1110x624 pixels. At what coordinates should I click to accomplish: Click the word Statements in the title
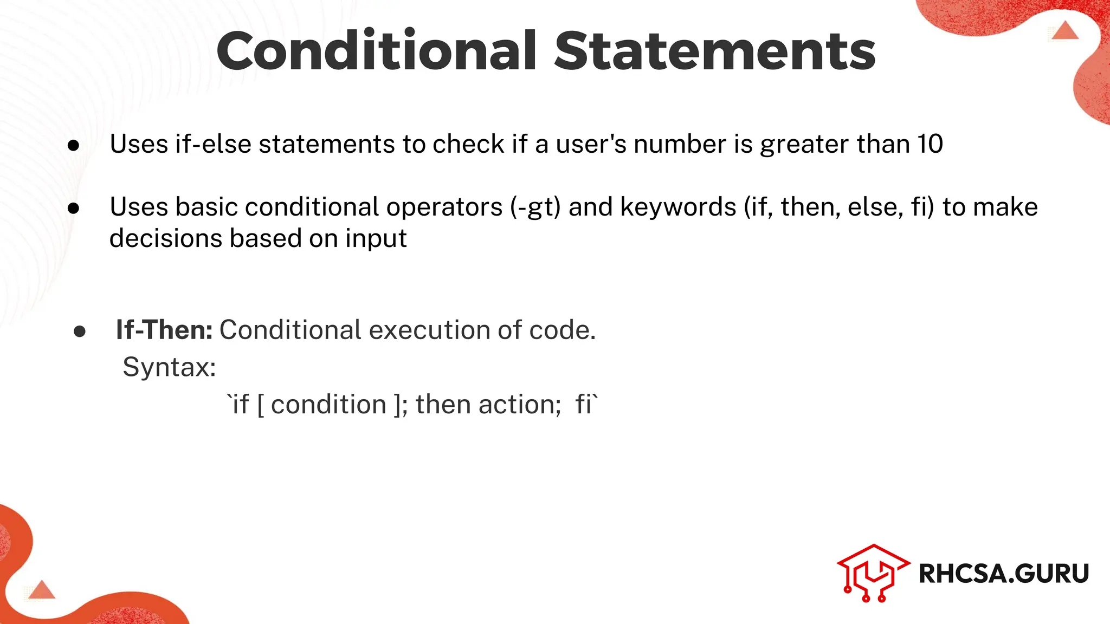[x=714, y=51]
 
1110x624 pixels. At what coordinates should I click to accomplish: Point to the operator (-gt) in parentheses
[x=535, y=207]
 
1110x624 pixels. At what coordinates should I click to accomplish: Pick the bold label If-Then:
[x=164, y=330]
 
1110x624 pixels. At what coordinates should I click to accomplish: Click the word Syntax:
[x=169, y=367]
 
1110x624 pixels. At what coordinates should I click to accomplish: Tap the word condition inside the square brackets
[x=328, y=405]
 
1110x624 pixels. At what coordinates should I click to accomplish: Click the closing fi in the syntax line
[x=584, y=405]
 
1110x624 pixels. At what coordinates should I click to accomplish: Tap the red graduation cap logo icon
[x=873, y=573]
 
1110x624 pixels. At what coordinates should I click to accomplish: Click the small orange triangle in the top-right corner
[x=1065, y=31]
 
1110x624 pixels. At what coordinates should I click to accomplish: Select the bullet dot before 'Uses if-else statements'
[x=74, y=145]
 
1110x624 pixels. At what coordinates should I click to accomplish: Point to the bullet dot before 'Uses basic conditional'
[x=74, y=209]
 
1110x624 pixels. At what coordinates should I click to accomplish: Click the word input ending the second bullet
[x=376, y=239]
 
